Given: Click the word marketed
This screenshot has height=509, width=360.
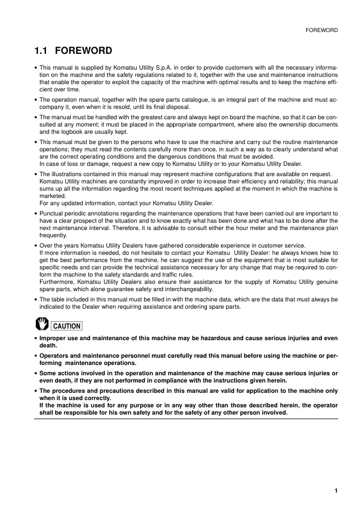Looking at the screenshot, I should pos(53,195).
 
